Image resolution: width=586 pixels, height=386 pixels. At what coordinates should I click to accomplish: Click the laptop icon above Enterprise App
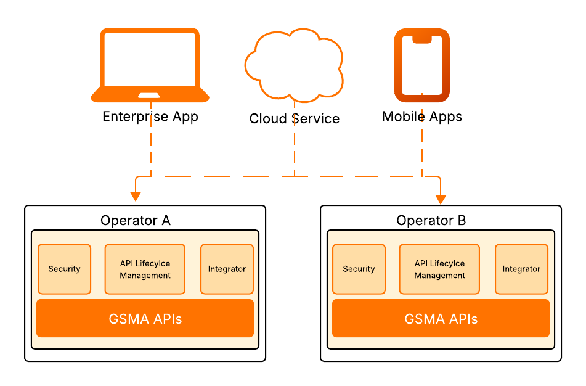coord(150,65)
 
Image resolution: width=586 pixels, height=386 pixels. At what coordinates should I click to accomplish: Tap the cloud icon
coord(294,65)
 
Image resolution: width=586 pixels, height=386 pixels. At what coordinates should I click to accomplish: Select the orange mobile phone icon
coord(422,65)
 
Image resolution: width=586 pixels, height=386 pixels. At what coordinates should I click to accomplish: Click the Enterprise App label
coord(150,117)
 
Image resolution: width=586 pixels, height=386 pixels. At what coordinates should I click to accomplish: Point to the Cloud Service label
coord(294,118)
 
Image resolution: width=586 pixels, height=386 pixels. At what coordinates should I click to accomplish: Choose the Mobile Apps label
coord(422,117)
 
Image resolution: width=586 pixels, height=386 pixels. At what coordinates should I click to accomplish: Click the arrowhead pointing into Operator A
coord(136,197)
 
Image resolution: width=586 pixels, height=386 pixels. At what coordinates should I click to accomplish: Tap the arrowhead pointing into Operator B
coord(441,199)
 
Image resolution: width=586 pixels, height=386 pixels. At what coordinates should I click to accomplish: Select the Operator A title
coord(136,220)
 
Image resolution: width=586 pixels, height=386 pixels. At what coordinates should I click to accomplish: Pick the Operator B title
coord(431,220)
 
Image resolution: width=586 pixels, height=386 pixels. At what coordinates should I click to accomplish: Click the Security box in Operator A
coord(65,269)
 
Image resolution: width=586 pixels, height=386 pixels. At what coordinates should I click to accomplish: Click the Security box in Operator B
coord(359,269)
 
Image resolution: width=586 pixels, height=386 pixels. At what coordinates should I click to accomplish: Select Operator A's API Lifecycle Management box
coord(145,269)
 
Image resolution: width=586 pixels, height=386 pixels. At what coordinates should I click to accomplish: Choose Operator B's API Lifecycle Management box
coord(440,269)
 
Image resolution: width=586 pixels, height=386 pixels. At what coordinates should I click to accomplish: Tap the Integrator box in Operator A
coord(227,269)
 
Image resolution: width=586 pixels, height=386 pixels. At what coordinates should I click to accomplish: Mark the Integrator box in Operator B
coord(521,269)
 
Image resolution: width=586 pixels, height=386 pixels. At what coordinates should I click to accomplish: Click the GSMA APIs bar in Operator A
coord(145,319)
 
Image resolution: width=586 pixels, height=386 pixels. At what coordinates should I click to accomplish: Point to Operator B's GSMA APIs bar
coord(441,319)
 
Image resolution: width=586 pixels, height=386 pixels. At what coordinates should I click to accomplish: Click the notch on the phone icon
coord(422,39)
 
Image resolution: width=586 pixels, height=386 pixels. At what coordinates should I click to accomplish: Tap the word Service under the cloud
coord(317,118)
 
